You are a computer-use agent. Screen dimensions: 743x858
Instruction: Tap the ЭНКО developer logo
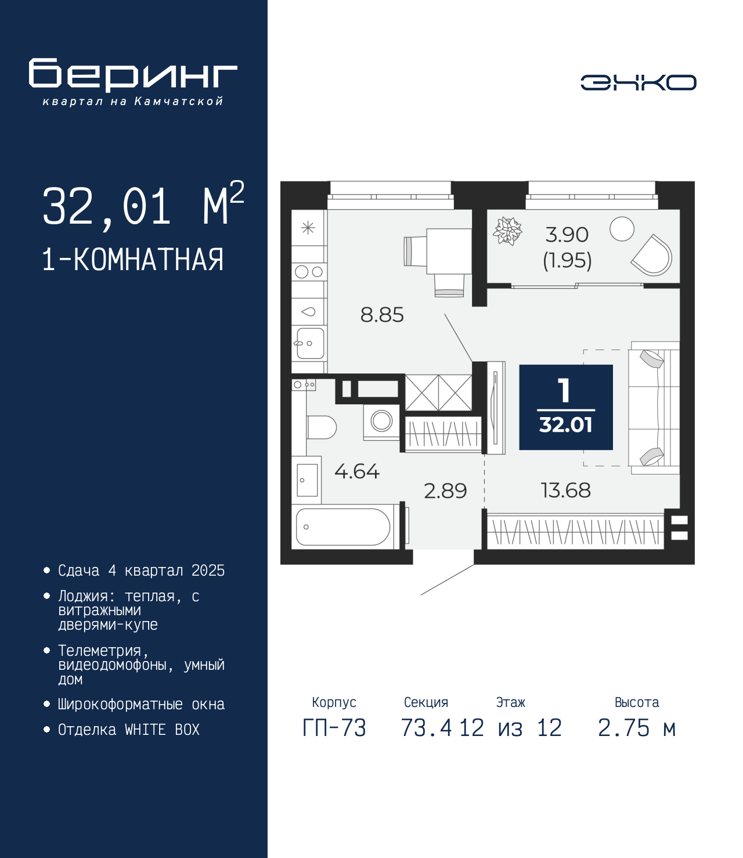pyautogui.click(x=638, y=82)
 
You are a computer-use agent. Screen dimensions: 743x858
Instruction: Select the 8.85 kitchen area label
pyautogui.click(x=382, y=315)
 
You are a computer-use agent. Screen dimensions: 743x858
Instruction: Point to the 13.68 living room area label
pyautogui.click(x=565, y=490)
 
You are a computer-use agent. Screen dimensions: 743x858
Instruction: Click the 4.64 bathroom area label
pyautogui.click(x=357, y=472)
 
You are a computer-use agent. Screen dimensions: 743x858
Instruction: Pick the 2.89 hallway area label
pyautogui.click(x=445, y=491)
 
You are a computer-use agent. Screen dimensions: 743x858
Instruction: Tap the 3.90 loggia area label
pyautogui.click(x=567, y=235)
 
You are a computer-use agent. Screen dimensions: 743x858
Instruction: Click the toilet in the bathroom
pyautogui.click(x=322, y=427)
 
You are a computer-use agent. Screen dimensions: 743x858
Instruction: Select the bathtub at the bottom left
pyautogui.click(x=342, y=527)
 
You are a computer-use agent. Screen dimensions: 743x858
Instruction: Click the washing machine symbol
pyautogui.click(x=381, y=422)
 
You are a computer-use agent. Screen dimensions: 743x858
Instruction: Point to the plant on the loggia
pyautogui.click(x=507, y=231)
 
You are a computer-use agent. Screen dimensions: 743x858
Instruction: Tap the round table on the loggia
pyautogui.click(x=622, y=229)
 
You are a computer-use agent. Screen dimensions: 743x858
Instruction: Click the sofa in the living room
pyautogui.click(x=654, y=408)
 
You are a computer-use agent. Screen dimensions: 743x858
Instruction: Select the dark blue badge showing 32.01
pyautogui.click(x=566, y=407)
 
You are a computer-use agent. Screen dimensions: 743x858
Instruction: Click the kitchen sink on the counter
pyautogui.click(x=309, y=343)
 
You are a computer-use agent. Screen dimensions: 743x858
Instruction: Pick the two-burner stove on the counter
pyautogui.click(x=309, y=272)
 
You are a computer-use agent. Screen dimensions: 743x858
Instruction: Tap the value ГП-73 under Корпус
pyautogui.click(x=334, y=728)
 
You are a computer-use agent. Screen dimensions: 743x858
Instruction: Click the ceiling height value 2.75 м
pyautogui.click(x=637, y=728)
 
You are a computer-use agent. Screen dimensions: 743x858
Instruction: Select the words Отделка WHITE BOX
pyautogui.click(x=129, y=729)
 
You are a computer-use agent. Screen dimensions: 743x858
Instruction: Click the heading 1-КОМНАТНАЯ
pyautogui.click(x=133, y=260)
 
